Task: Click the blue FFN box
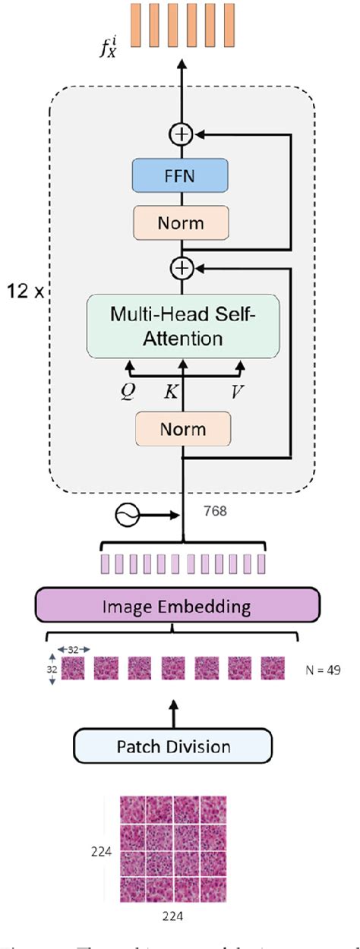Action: tap(180, 175)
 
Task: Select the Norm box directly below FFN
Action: tap(180, 223)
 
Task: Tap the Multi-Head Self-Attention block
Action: tap(183, 326)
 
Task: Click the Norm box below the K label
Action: tap(182, 429)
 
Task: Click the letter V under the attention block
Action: tap(240, 393)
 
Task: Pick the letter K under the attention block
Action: tap(171, 393)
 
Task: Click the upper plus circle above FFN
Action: tap(182, 134)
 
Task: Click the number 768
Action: tap(216, 512)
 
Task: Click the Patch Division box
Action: tap(173, 746)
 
